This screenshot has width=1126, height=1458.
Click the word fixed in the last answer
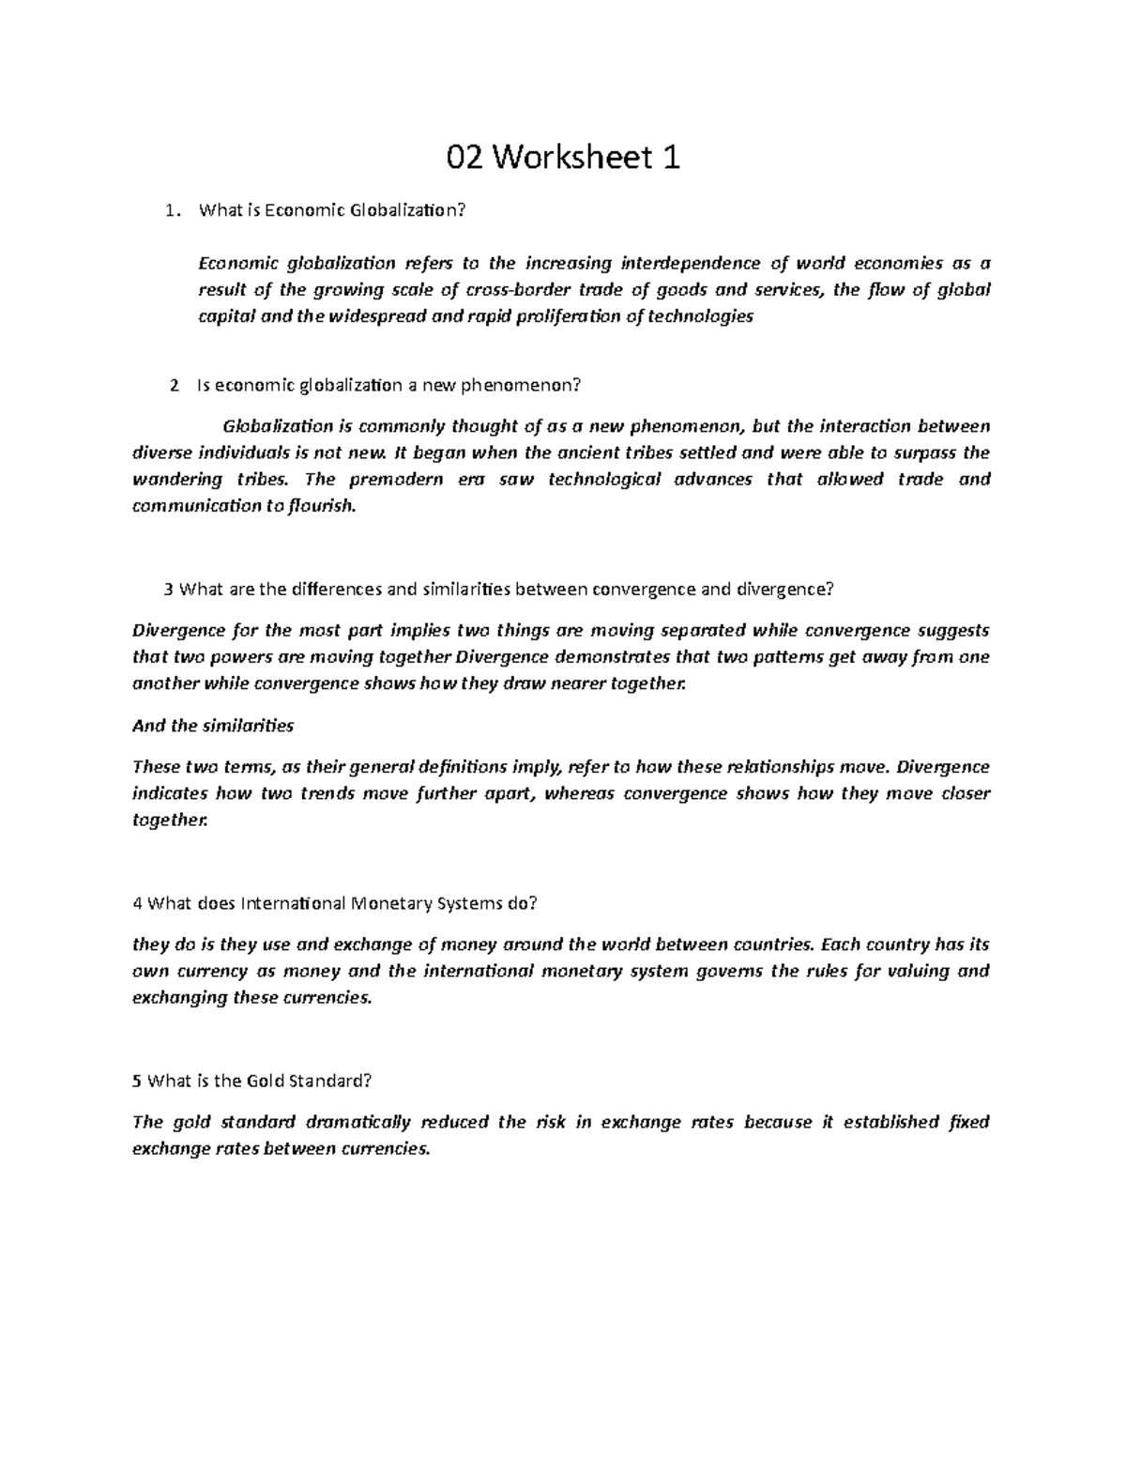tap(969, 1122)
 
